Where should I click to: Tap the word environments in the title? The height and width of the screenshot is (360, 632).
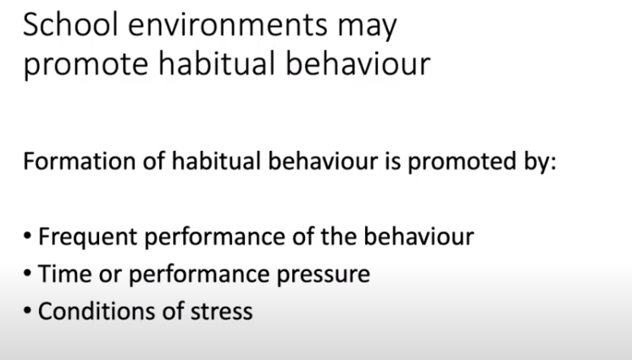click(x=225, y=27)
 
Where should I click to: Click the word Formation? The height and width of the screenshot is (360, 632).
click(x=71, y=161)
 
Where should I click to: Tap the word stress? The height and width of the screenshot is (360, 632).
click(x=223, y=311)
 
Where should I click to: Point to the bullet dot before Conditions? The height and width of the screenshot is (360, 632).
click(x=28, y=312)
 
